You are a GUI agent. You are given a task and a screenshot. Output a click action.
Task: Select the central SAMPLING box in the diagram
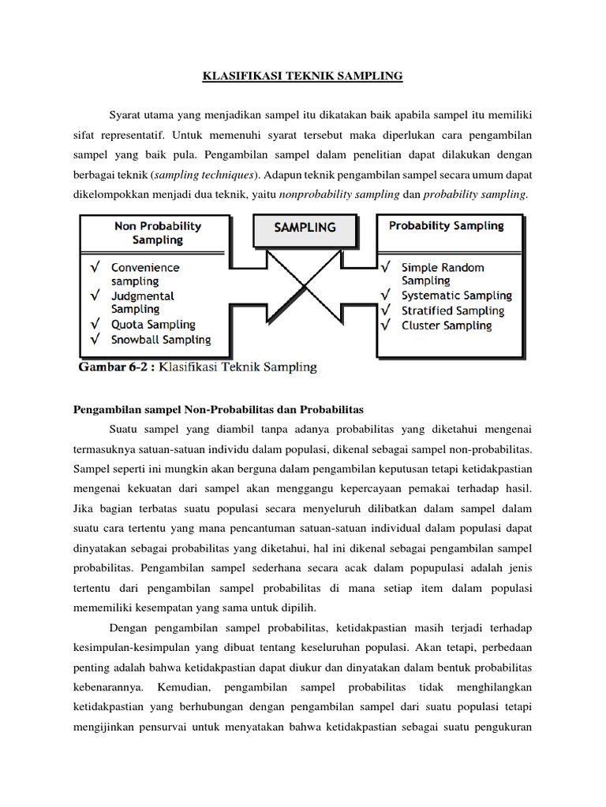pyautogui.click(x=304, y=227)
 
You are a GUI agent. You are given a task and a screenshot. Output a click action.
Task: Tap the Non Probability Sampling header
pyautogui.click(x=157, y=232)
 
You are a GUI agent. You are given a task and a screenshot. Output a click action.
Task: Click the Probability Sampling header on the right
pyautogui.click(x=447, y=226)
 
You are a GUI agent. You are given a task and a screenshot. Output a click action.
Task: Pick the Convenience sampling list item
pyautogui.click(x=145, y=274)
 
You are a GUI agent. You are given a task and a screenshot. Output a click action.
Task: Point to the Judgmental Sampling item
pyautogui.click(x=143, y=303)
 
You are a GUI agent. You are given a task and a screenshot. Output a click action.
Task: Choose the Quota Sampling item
pyautogui.click(x=153, y=324)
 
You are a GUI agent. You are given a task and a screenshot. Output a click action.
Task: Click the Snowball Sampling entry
pyautogui.click(x=161, y=340)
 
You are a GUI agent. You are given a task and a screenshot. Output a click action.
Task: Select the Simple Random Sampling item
pyautogui.click(x=443, y=274)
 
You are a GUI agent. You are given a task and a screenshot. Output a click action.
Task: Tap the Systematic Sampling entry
pyautogui.click(x=456, y=296)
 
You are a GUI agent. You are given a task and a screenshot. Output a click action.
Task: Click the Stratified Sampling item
pyautogui.click(x=452, y=311)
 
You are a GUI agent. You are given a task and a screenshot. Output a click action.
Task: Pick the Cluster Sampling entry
pyautogui.click(x=445, y=325)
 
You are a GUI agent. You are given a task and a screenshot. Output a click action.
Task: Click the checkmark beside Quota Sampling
pyautogui.click(x=94, y=324)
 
